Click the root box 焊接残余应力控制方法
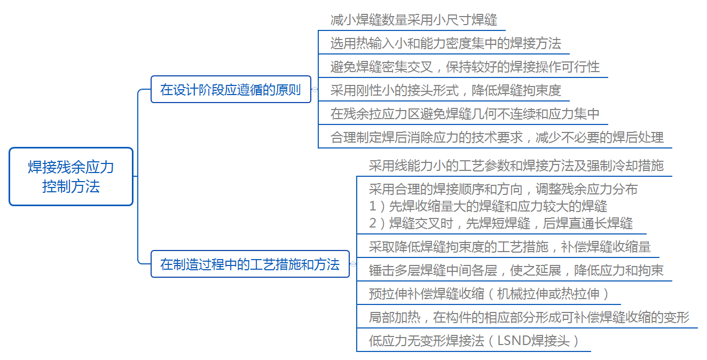tap(71, 176)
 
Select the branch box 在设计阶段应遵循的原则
tap(231, 89)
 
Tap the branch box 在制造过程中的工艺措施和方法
tap(250, 264)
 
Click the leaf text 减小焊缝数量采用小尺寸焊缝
tap(414, 20)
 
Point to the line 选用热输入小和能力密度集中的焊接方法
tap(446, 43)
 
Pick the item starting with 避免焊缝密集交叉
tap(465, 67)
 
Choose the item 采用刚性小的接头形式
tap(446, 90)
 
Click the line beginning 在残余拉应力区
tap(465, 114)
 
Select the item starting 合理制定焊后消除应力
tap(497, 137)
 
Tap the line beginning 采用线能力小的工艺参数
tap(516, 166)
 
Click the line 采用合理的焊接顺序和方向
tap(504, 189)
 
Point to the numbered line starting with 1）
tap(488, 206)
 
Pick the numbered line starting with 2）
tap(501, 223)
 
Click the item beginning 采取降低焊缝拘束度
tap(510, 247)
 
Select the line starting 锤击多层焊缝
tap(516, 270)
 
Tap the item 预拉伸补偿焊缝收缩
tap(489, 294)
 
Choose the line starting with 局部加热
tap(529, 317)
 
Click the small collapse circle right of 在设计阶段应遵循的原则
tap(315, 90)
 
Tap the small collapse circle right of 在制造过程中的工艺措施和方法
tap(353, 264)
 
